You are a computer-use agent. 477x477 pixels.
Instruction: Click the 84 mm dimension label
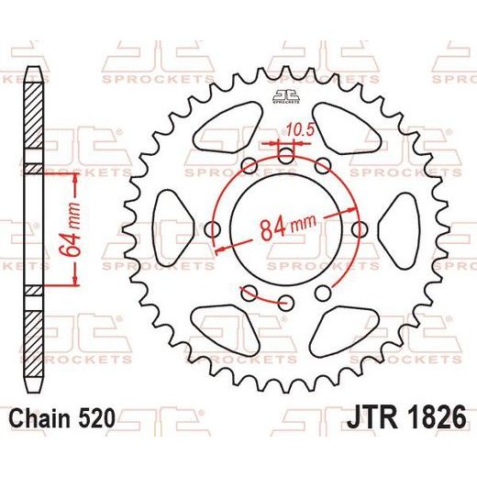[287, 227]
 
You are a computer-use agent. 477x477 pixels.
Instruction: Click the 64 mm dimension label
[70, 229]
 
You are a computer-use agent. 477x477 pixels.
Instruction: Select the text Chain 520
[62, 418]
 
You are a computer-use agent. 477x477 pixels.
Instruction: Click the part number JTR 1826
[406, 417]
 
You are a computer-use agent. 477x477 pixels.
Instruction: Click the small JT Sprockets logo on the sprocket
[286, 97]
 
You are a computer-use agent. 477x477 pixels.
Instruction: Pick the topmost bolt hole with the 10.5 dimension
[286, 155]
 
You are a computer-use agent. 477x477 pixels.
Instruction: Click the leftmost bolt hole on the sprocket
[213, 229]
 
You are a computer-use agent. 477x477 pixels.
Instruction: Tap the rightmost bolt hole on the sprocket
[360, 229]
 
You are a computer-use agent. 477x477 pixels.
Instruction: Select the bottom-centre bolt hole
[286, 303]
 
